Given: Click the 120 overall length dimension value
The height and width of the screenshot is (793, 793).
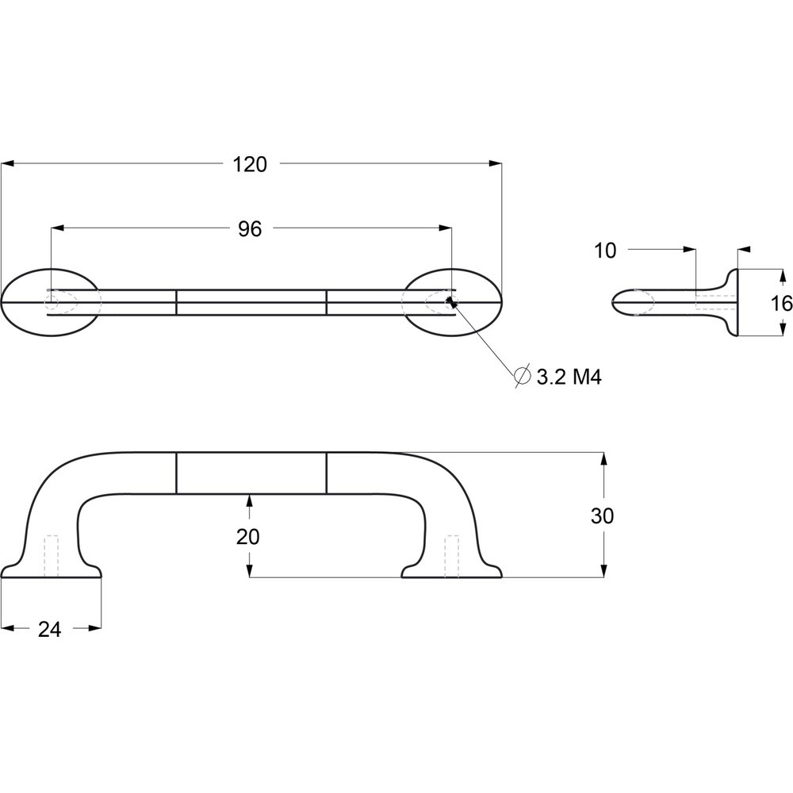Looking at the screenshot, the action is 249,164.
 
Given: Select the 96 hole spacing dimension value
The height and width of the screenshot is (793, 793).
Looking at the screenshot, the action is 250,229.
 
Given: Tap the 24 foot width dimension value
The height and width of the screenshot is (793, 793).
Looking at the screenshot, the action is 49,629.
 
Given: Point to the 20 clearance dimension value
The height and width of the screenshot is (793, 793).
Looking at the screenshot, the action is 247,537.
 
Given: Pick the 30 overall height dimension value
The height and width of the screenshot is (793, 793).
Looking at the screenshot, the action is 603,516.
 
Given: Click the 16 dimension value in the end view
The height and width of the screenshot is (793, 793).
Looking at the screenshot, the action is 782,304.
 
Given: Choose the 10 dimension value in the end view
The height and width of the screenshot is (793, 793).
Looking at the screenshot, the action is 605,251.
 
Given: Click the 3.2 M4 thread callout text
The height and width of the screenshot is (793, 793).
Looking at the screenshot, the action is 569,377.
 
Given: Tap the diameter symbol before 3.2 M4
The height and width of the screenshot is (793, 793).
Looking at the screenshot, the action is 522,375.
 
